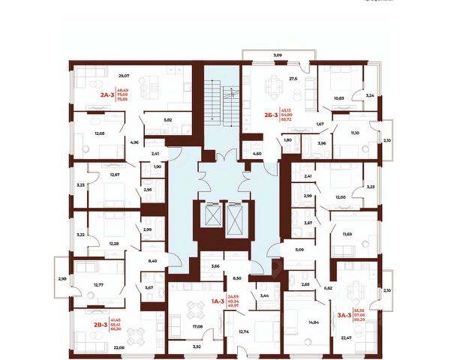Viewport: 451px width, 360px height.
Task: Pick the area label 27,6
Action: [293, 78]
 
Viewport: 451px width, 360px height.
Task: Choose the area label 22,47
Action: [346, 338]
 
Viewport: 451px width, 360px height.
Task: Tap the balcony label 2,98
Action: [62, 279]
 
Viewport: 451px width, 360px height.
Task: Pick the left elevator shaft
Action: [211, 218]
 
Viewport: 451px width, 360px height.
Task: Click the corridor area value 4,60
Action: [257, 154]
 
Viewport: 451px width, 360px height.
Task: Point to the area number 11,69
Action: [347, 235]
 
